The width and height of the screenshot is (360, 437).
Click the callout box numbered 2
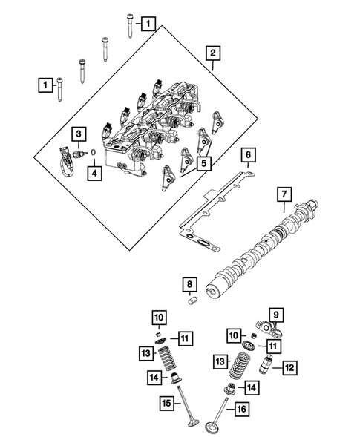coord(212,53)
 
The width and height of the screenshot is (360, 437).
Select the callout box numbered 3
coord(78,133)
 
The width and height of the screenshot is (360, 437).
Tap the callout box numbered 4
coord(94,173)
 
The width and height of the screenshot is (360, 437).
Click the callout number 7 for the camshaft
coord(283,195)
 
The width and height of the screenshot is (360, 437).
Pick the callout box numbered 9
coord(274,315)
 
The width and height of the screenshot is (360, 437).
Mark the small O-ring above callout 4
coord(94,154)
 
